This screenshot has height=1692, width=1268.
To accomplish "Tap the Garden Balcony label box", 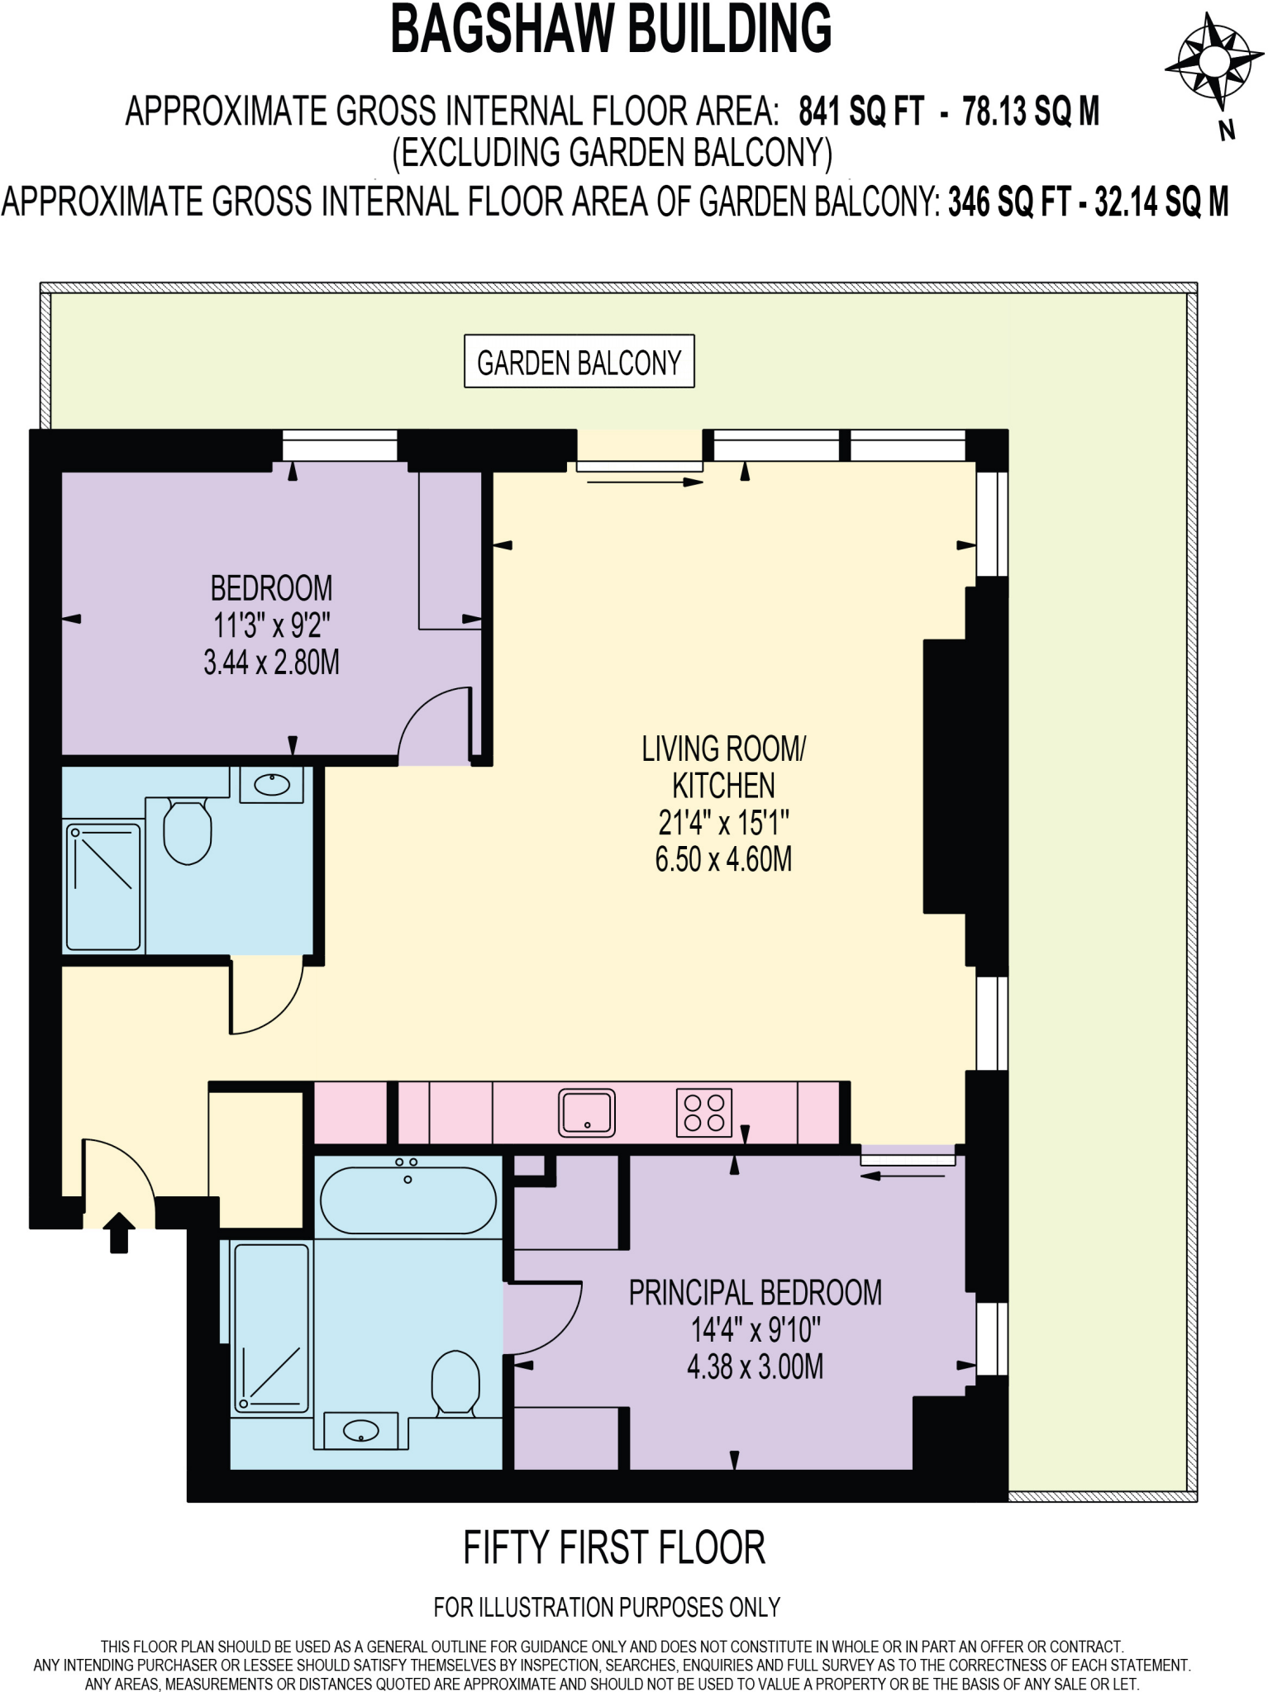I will (x=579, y=362).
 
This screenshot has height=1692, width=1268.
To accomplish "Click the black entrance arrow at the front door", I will (x=120, y=1232).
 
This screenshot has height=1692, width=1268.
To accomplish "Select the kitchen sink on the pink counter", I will (x=587, y=1112).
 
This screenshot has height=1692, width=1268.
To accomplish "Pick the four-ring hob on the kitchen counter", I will (x=704, y=1112).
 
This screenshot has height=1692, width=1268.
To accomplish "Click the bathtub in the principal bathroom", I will (x=408, y=1200).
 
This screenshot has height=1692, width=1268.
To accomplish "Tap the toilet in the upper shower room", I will (x=188, y=830).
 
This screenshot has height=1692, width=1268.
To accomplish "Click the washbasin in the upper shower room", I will (x=272, y=784).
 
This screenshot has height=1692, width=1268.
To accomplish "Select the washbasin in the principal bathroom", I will (x=360, y=1430).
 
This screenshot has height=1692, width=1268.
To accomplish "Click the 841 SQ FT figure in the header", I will (x=860, y=112).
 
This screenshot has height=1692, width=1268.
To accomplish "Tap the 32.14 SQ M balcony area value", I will (x=1161, y=202).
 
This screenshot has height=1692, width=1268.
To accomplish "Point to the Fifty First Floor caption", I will (x=613, y=1548).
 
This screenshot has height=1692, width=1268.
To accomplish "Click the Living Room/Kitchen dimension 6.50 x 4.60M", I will (x=723, y=860).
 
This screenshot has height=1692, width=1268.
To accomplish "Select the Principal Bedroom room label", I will (x=755, y=1293).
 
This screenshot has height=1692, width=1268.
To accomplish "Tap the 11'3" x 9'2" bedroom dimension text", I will (x=272, y=626).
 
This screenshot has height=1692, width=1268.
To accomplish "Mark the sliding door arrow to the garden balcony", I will (x=644, y=481).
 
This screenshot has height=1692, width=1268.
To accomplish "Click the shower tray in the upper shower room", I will (x=103, y=886).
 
